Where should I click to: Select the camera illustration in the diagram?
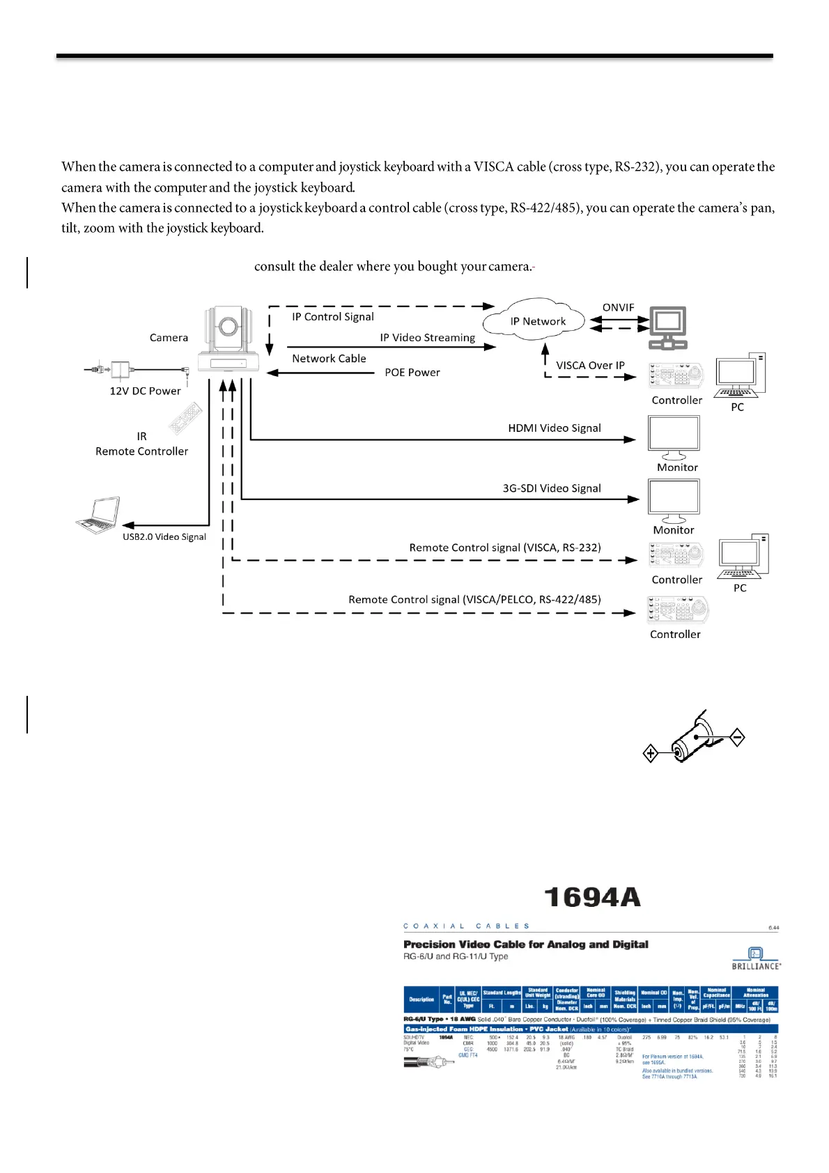point(228,339)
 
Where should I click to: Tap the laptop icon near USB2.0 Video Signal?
point(98,515)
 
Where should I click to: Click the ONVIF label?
point(618,307)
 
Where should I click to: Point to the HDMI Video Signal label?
point(554,428)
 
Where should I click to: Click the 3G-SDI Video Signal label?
point(551,488)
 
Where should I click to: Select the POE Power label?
point(412,373)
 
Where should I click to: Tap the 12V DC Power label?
point(145,391)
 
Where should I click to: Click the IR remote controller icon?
point(185,419)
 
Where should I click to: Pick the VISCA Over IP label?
point(590,365)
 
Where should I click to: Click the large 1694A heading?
point(591,897)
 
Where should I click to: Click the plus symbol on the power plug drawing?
point(650,753)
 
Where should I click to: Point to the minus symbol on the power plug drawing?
point(737,736)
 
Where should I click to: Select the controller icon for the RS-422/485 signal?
point(677,609)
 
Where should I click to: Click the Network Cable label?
point(329,358)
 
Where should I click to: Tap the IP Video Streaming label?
point(427,337)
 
